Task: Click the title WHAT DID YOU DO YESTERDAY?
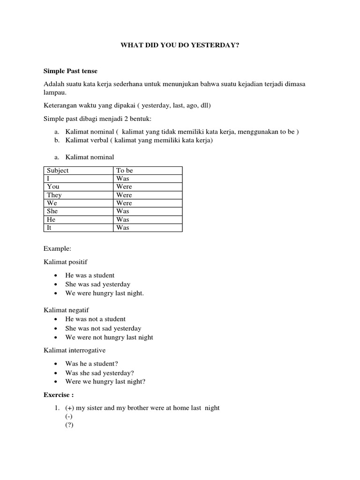pos(180,46)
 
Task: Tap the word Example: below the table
pos(57,248)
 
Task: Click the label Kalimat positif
pos(66,261)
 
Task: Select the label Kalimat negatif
pos(66,310)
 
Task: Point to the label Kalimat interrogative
pos(75,350)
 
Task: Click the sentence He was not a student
pos(96,319)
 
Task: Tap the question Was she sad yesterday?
pos(100,373)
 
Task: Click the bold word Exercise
pos(58,395)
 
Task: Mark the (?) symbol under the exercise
pos(70,425)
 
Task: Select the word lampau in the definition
pos(55,93)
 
